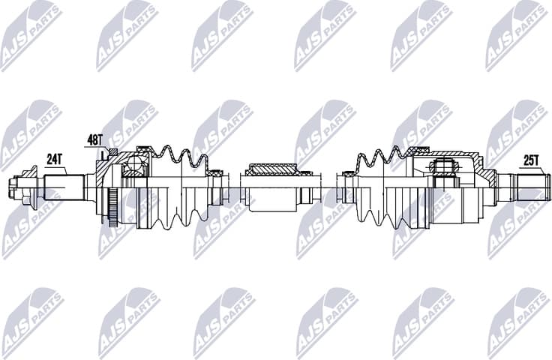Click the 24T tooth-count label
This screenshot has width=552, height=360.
click(54, 159)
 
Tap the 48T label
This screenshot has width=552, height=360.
click(94, 139)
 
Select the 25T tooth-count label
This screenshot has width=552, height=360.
click(530, 160)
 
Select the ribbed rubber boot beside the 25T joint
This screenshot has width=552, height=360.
click(379, 187)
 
